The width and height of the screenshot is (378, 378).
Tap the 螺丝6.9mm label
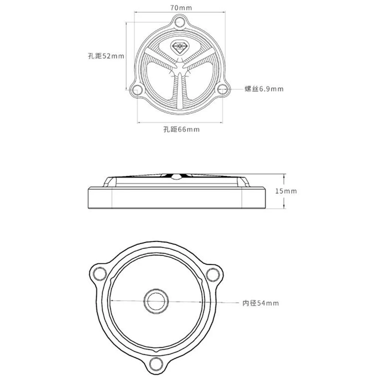point(264,89)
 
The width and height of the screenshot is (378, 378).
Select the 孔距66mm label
point(181,129)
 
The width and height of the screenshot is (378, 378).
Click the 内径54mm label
point(261,303)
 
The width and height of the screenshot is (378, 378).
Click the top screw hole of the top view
point(180,21)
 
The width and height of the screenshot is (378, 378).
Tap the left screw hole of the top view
point(137,89)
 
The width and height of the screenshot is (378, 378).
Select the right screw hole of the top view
point(223,89)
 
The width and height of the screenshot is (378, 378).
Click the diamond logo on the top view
point(180,47)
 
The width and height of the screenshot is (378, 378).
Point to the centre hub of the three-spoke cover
point(180,69)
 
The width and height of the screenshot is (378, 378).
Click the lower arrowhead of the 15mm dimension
point(285,207)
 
